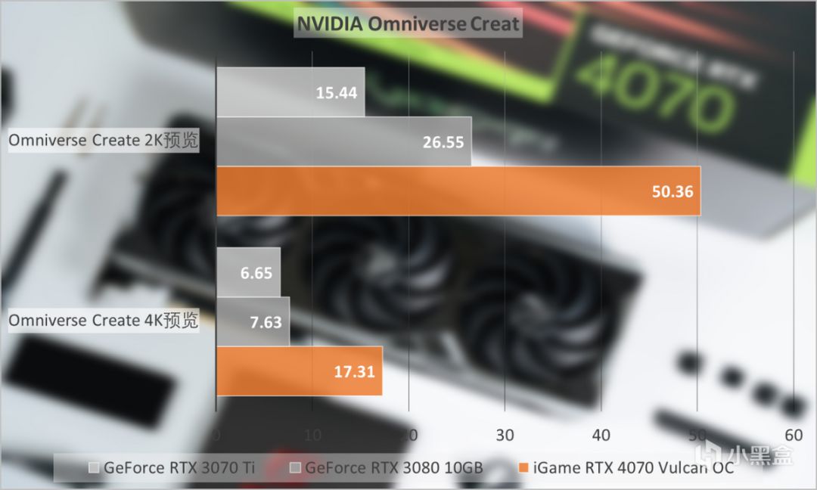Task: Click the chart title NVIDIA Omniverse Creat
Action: point(408,23)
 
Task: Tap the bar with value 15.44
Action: point(290,92)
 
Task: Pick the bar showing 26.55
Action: point(343,141)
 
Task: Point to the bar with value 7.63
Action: point(253,321)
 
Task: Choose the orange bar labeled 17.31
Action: point(299,371)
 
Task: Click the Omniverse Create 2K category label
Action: point(104,141)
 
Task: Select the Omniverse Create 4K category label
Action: point(104,321)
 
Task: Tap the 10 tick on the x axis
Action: point(312,436)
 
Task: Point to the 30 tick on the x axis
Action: point(505,436)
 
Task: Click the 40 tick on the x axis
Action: point(601,436)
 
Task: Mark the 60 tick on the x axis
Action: point(793,436)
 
